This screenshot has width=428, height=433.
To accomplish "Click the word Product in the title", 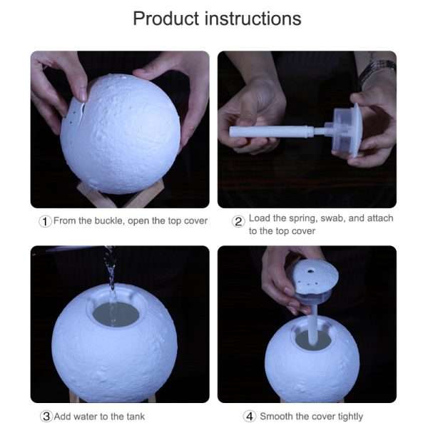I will pyautogui.click(x=165, y=19).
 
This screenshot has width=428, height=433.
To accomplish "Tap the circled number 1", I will pyautogui.click(x=45, y=221).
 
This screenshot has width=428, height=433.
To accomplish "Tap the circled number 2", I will pyautogui.click(x=239, y=221).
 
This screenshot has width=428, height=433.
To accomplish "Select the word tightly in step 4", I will pyautogui.click(x=346, y=417).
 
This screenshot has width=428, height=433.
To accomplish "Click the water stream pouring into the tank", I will pyautogui.click(x=110, y=282).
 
